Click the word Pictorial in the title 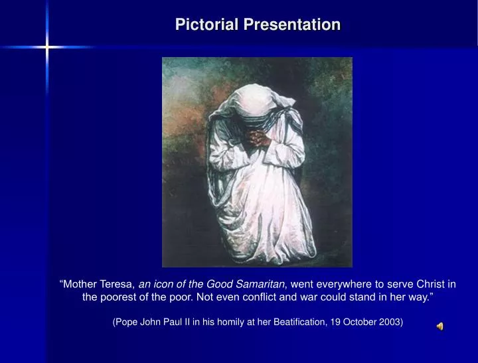point(207,25)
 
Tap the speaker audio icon point(439,326)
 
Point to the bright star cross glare point(47,47)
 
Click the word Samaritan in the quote point(261,284)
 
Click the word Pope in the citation point(127,323)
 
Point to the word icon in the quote point(161,284)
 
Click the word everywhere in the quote point(345,284)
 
